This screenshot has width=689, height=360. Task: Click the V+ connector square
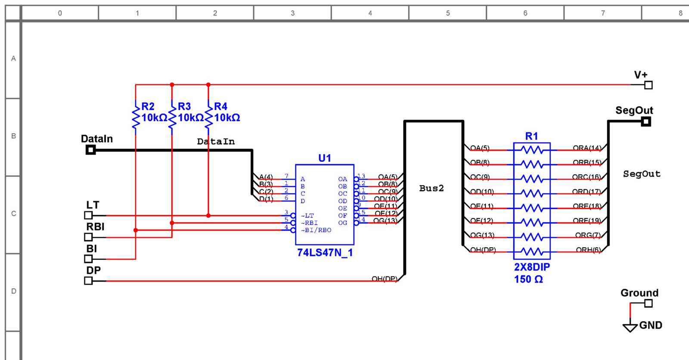tap(649, 85)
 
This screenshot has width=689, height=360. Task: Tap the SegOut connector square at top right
tap(646, 122)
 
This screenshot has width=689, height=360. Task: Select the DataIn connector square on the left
tap(90, 150)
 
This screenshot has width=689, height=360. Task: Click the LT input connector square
tap(88, 215)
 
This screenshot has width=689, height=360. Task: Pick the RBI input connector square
tap(88, 237)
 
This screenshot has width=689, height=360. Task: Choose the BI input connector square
tap(88, 259)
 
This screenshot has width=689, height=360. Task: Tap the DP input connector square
tap(88, 281)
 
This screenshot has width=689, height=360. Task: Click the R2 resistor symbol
tap(136, 117)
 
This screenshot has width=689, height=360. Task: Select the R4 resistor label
tap(220, 106)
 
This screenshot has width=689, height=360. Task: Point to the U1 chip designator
tap(325, 158)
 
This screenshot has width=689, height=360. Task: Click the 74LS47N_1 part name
tap(325, 253)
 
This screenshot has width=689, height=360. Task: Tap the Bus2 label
tap(431, 188)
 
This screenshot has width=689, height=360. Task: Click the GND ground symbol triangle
tap(630, 327)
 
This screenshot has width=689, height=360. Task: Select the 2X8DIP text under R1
tap(532, 267)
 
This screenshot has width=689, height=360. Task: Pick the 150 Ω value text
tap(528, 279)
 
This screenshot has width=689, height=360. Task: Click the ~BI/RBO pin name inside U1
tap(316, 230)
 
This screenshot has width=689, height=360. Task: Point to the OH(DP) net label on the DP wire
tap(385, 279)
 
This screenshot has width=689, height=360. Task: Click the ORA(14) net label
tap(587, 148)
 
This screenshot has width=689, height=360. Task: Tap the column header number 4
tap(370, 13)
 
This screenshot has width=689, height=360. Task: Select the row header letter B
tap(13, 136)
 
